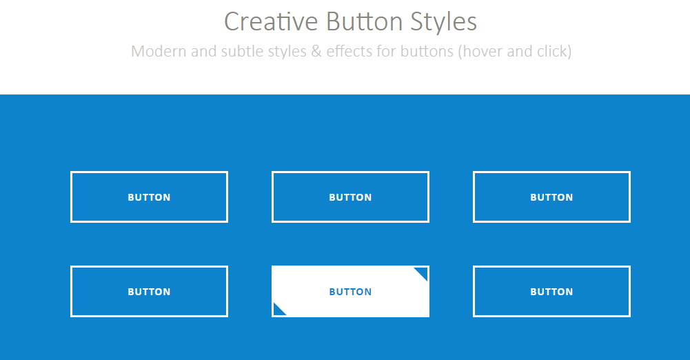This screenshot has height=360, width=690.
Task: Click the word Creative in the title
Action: pos(271,21)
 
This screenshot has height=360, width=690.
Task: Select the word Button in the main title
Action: pos(365,21)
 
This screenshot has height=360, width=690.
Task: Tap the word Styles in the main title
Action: pos(444,22)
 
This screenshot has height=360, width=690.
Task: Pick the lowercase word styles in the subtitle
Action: pos(287,52)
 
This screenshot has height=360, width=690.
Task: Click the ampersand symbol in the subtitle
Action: pos(316,51)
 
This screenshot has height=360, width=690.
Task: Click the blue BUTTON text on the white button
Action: pos(350,292)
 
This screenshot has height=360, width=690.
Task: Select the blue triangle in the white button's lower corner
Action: pos(278,310)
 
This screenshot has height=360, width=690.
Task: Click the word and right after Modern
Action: pos(204,51)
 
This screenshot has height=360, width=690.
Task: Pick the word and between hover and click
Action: pos(520,51)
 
